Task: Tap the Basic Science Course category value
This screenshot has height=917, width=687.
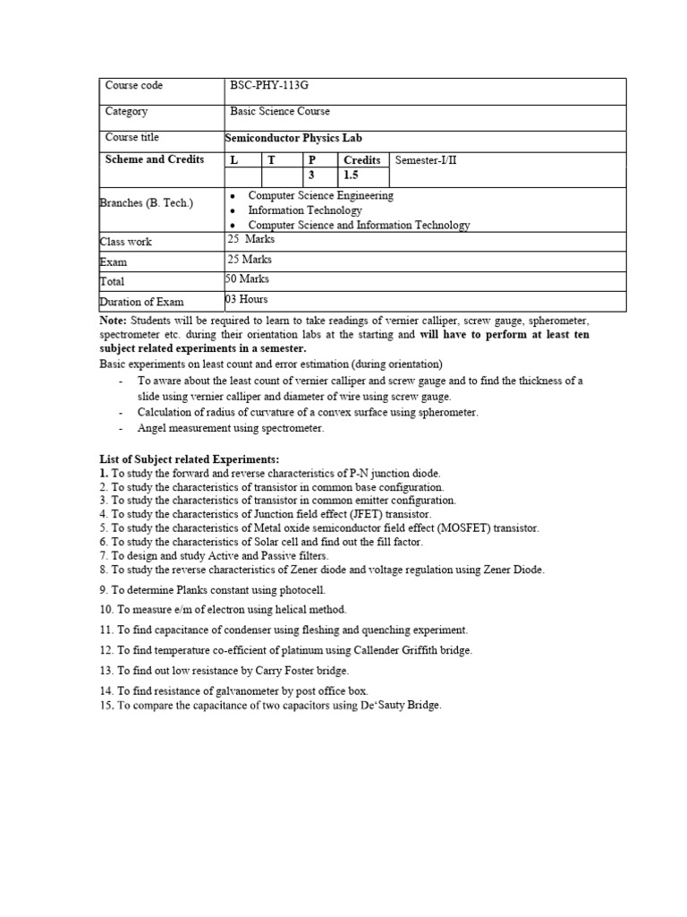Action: click(x=280, y=112)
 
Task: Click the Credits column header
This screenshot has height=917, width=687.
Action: click(x=362, y=160)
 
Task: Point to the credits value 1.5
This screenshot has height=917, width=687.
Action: click(x=352, y=176)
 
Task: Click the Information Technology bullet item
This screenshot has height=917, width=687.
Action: click(x=305, y=210)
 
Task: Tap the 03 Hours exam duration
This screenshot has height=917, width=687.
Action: click(x=246, y=299)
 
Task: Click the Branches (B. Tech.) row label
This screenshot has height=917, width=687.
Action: click(x=146, y=203)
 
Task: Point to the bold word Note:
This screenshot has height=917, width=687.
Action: click(x=114, y=321)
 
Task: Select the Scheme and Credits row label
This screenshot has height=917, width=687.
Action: click(x=155, y=160)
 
